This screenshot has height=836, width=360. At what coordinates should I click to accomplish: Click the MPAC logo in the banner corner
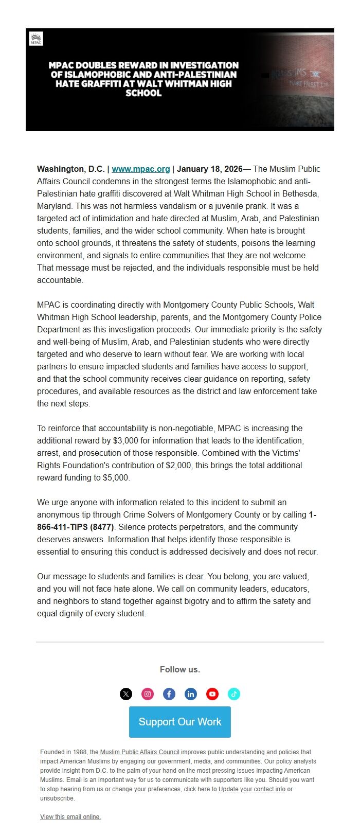[36, 39]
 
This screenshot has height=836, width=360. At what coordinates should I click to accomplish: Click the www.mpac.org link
[140, 169]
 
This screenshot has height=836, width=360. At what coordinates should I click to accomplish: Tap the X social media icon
[126, 694]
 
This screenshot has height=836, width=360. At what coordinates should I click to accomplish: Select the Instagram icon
[148, 694]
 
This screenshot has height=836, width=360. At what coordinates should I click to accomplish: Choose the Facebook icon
[169, 694]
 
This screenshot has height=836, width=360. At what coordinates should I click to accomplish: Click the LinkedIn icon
[191, 694]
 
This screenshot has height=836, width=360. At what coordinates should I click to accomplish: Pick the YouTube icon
[212, 694]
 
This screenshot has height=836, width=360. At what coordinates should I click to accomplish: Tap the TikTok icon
[234, 694]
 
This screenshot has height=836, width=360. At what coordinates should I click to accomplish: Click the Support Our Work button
[180, 722]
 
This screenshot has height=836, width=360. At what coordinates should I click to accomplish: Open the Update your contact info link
[251, 789]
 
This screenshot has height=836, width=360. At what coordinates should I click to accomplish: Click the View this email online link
[70, 817]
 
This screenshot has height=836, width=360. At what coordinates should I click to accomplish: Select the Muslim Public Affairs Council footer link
[139, 752]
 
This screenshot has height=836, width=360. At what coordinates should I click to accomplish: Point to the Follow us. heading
[180, 669]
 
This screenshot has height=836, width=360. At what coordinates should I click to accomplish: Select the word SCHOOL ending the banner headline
[143, 93]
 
